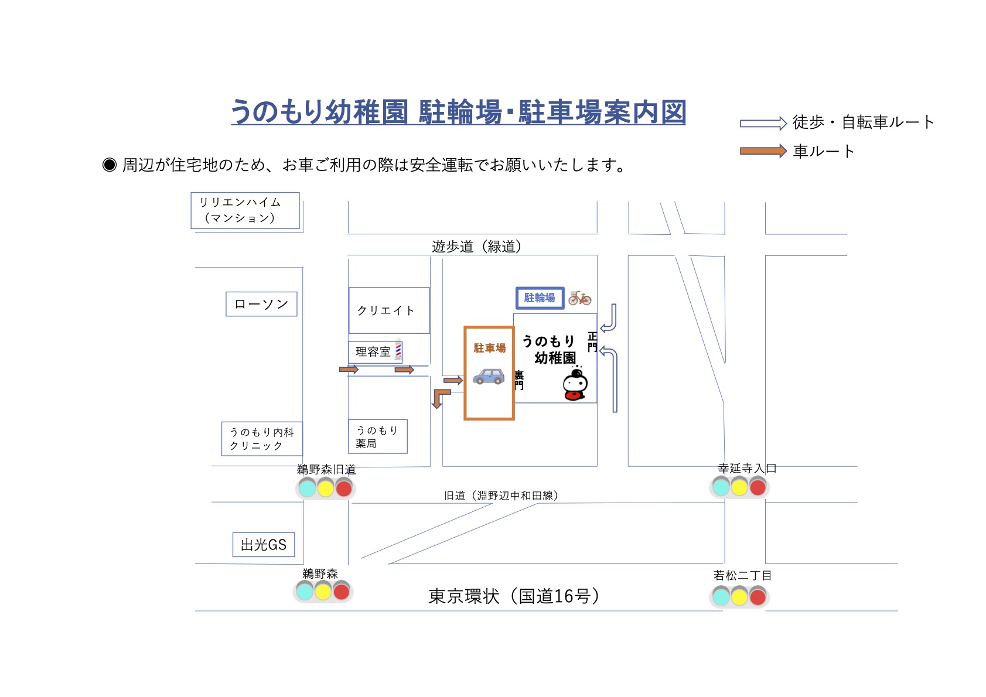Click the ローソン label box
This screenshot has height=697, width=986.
pyautogui.click(x=261, y=304)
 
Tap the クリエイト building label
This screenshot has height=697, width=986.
pyautogui.click(x=385, y=310)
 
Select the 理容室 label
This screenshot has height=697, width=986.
pyautogui.click(x=373, y=351)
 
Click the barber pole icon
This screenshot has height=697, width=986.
pyautogui.click(x=398, y=349)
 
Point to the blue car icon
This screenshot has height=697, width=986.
pyautogui.click(x=489, y=376)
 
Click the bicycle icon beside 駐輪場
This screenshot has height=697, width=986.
pyautogui.click(x=579, y=298)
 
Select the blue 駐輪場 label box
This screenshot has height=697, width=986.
pyautogui.click(x=540, y=298)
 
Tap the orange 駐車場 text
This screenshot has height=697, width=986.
pyautogui.click(x=490, y=348)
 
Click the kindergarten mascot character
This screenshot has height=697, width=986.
pyautogui.click(x=575, y=385)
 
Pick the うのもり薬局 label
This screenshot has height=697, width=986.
pyautogui.click(x=377, y=437)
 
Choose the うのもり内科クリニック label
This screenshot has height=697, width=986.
pyautogui.click(x=262, y=439)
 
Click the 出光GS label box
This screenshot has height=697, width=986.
pyautogui.click(x=264, y=545)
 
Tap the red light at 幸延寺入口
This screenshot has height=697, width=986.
pyautogui.click(x=758, y=487)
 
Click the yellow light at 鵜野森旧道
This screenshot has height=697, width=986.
pyautogui.click(x=325, y=487)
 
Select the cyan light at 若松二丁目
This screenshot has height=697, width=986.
pyautogui.click(x=721, y=597)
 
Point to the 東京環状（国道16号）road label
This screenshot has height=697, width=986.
pyautogui.click(x=514, y=596)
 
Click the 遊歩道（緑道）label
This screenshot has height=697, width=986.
pyautogui.click(x=476, y=247)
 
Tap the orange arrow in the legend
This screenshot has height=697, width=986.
pyautogui.click(x=763, y=151)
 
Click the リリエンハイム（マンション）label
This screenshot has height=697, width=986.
pyautogui.click(x=245, y=210)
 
